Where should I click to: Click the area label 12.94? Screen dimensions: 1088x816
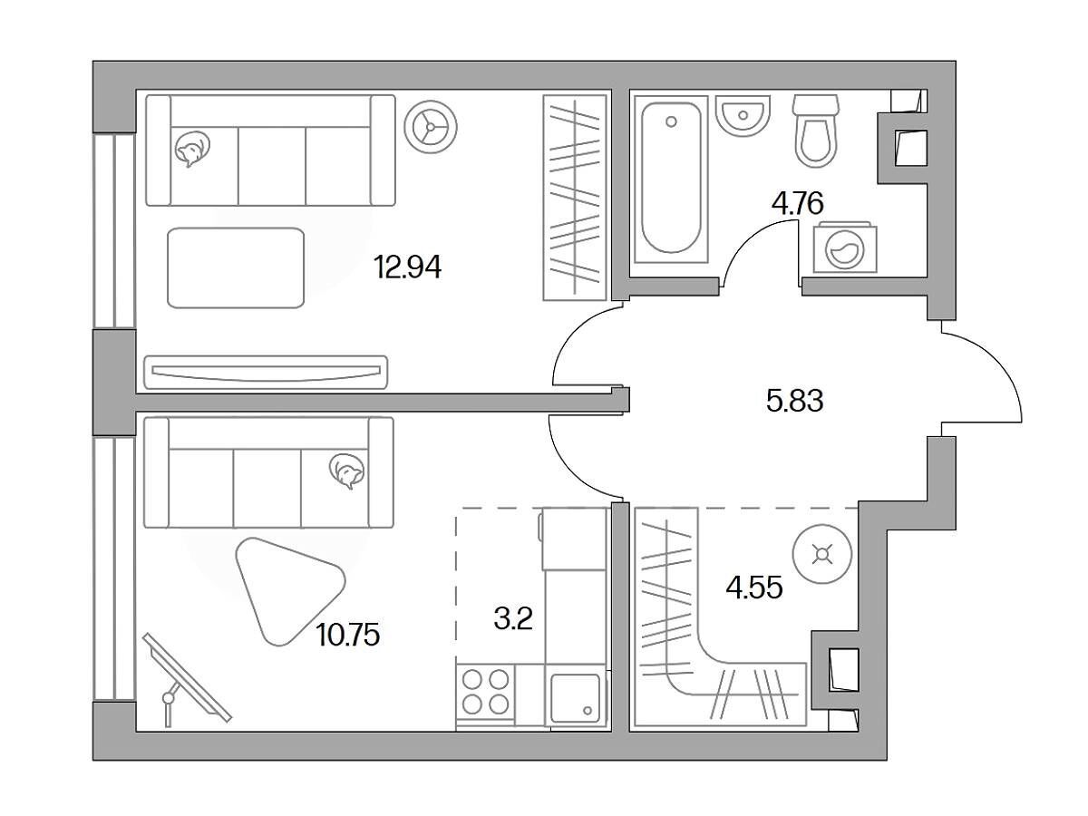click(408, 267)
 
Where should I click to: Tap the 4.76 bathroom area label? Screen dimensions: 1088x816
click(798, 203)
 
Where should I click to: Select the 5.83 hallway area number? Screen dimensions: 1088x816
click(794, 401)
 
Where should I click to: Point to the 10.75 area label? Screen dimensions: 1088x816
click(348, 636)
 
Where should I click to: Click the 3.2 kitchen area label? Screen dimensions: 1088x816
click(513, 618)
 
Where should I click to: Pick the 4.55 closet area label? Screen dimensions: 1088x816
click(754, 588)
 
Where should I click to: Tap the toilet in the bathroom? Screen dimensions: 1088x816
click(815, 131)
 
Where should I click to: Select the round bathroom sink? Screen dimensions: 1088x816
click(743, 115)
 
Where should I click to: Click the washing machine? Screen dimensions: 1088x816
click(845, 248)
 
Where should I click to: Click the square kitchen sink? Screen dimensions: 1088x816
click(575, 698)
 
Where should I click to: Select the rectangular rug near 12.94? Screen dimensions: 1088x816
click(236, 268)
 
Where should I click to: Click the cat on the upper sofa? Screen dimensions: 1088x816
click(192, 149)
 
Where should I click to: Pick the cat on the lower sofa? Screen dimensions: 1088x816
click(347, 471)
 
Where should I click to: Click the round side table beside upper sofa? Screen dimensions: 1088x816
click(431, 127)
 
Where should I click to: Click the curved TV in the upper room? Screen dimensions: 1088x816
click(266, 372)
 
